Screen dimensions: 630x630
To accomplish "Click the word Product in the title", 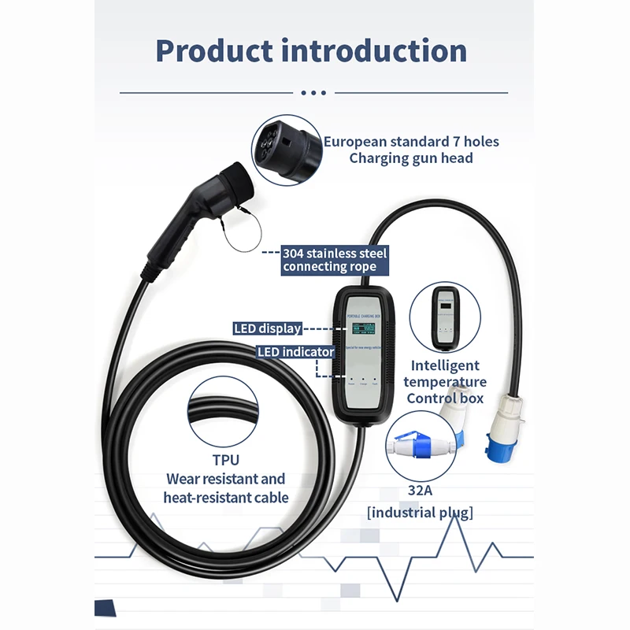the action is (x=213, y=50).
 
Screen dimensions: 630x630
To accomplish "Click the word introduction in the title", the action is (x=374, y=50).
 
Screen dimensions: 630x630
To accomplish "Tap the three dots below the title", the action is (x=313, y=93).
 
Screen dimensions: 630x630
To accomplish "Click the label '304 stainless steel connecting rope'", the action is (x=334, y=260).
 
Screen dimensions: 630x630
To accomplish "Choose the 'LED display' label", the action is (x=268, y=328).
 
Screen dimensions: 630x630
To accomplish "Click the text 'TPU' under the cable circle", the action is (x=225, y=460).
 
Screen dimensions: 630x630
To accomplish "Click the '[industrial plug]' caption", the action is (x=420, y=513).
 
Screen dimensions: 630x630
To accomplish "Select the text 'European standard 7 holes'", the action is (x=411, y=142).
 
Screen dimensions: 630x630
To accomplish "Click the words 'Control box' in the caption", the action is (x=445, y=398).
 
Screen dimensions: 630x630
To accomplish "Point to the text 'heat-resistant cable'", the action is (x=226, y=497).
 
